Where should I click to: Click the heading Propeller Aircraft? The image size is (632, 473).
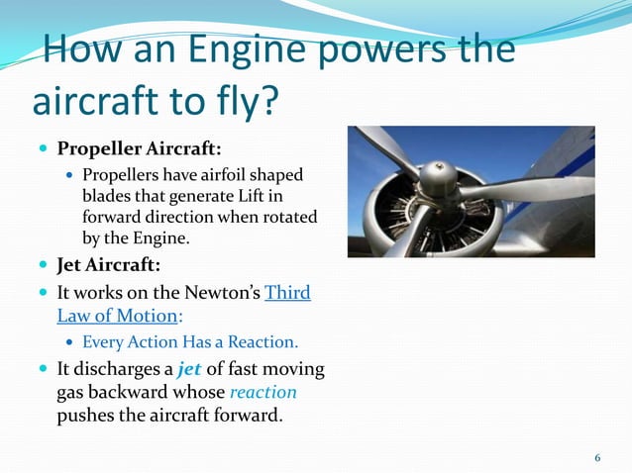coord(139,149)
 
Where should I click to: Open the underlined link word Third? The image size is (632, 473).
coord(288,293)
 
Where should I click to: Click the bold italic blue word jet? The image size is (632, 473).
coord(189,369)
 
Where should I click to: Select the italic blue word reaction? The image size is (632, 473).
coord(263,392)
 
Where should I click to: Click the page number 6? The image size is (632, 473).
coord(597,457)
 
